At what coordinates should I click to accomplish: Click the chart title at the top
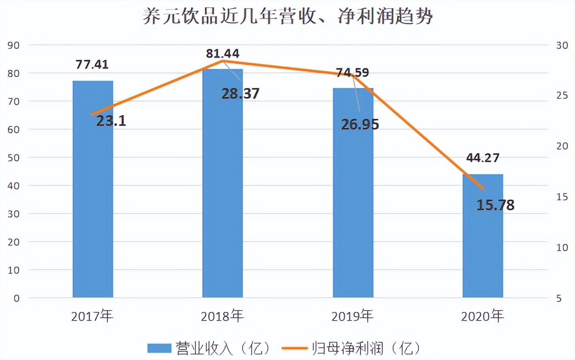288,16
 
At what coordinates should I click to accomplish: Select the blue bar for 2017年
93,189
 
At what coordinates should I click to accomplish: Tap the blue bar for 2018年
223,183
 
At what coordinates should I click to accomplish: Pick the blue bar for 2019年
353,193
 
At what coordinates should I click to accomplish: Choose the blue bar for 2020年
483,236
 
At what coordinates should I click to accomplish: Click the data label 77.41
92,64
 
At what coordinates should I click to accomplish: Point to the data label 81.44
223,54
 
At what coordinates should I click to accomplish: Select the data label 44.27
482,157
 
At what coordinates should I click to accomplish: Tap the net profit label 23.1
111,121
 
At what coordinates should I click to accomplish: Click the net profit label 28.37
240,93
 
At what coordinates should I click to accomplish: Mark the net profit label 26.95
360,124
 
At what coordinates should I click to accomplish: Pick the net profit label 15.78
496,205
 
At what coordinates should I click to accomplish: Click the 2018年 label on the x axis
222,316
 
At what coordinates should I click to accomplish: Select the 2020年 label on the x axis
482,316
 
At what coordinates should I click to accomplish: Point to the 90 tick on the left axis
14,45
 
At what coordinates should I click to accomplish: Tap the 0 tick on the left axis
17,298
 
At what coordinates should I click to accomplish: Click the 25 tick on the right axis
562,96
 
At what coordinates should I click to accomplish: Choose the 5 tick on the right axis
559,298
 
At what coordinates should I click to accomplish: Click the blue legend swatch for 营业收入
159,348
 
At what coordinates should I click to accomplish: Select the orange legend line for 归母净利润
295,348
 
